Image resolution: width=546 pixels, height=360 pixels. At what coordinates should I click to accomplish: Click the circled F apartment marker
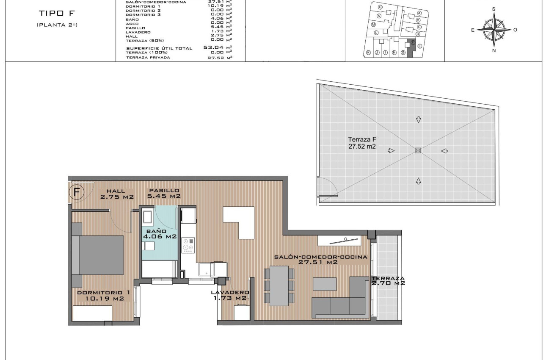tap(77, 192)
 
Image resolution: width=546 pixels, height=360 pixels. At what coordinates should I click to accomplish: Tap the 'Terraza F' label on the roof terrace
tap(362, 143)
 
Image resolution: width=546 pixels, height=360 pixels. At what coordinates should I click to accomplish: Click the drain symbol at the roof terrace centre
tap(418, 150)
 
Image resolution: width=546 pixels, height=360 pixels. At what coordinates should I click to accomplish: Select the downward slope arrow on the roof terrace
tap(419, 120)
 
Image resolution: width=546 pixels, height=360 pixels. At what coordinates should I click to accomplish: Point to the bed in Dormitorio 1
tap(98, 255)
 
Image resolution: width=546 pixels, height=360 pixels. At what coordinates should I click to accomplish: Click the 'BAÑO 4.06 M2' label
tap(159, 234)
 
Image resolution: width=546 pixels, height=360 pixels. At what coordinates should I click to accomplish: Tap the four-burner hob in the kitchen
tap(188, 246)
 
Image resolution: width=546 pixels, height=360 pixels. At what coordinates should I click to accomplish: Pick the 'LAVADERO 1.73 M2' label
tap(230, 295)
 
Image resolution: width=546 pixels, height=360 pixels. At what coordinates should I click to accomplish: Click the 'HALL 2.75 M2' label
tap(117, 194)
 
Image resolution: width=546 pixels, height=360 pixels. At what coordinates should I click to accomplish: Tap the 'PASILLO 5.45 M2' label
tap(164, 194)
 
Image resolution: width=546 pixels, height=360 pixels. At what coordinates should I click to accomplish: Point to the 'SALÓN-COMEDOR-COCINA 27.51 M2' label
tap(320, 260)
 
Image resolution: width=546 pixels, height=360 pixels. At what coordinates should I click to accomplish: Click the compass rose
tap(494, 30)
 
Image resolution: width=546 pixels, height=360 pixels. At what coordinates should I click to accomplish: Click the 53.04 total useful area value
tap(214, 47)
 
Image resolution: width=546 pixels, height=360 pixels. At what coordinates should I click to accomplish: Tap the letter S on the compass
tap(494, 8)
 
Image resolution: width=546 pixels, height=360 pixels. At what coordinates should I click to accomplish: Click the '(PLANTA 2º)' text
tap(57, 25)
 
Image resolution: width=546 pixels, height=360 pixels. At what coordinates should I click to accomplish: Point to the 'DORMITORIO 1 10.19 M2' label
tap(104, 295)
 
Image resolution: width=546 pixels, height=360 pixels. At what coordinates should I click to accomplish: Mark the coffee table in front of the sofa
tap(324, 284)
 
